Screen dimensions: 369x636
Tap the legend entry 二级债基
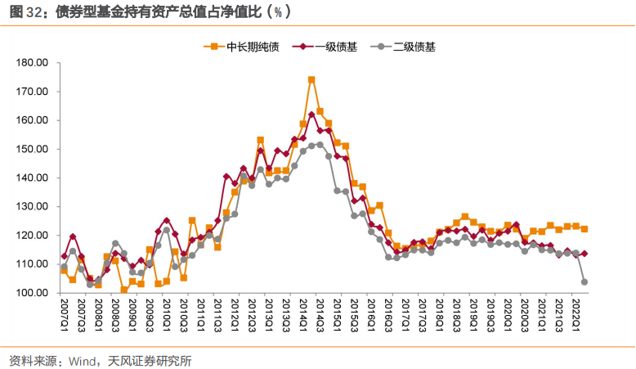pyautogui.click(x=407, y=47)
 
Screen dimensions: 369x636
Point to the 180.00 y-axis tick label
pyautogui.click(x=34, y=63)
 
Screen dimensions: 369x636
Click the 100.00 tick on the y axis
pyautogui.click(x=34, y=293)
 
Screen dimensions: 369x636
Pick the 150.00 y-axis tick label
pyautogui.click(x=34, y=149)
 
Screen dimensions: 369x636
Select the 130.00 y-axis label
pyautogui.click(x=34, y=207)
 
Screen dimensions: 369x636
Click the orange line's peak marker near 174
pyautogui.click(x=311, y=80)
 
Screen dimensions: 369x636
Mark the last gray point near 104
pyautogui.click(x=584, y=282)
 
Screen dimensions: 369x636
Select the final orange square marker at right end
pyautogui.click(x=584, y=229)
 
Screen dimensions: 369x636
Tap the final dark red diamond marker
pyautogui.click(x=584, y=254)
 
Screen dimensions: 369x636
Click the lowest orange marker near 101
pyautogui.click(x=124, y=290)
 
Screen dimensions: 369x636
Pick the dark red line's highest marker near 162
pyautogui.click(x=311, y=115)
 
